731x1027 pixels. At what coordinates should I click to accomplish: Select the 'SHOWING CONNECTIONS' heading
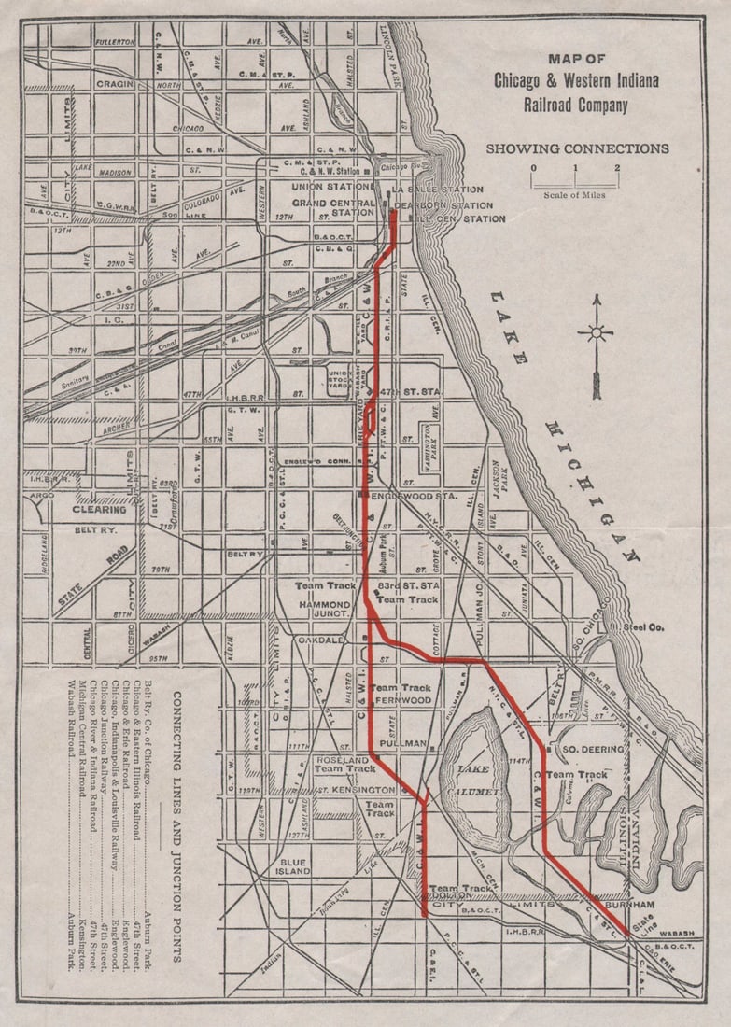577,148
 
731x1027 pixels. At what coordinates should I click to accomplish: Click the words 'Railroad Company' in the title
575,105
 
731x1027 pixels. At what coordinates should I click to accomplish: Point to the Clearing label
100,510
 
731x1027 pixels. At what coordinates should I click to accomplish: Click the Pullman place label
403,743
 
